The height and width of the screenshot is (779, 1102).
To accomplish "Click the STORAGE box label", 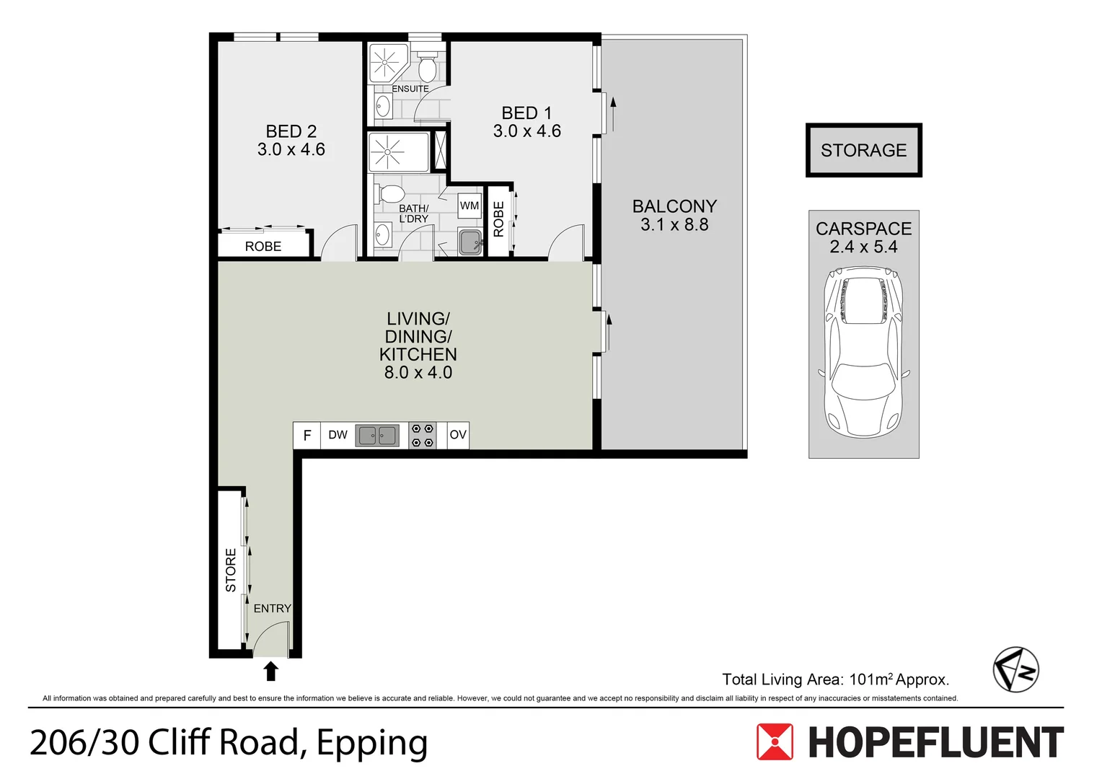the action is (x=863, y=150).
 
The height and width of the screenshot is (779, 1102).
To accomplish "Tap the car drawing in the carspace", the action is (x=864, y=352).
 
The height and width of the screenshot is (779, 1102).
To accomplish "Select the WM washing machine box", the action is (x=470, y=206).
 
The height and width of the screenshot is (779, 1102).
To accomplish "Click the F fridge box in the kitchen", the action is (x=307, y=435).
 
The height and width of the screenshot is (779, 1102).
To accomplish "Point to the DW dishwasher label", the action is (x=338, y=434).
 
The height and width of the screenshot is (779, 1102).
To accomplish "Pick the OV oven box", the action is (x=458, y=435).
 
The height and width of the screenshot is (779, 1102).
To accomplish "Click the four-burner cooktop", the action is (x=423, y=436).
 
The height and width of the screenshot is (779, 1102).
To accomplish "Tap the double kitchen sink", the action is (x=377, y=436).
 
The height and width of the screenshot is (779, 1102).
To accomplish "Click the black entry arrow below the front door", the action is (x=270, y=671).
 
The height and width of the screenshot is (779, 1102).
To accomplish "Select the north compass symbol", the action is (x=1016, y=670).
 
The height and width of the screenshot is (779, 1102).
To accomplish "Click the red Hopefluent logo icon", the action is (x=775, y=741).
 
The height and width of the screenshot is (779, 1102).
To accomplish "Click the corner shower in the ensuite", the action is (x=389, y=63).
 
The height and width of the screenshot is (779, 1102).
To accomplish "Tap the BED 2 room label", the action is (x=291, y=131).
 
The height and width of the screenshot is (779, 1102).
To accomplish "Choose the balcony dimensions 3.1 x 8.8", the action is (x=674, y=224).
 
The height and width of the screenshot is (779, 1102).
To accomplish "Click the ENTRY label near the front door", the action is (x=273, y=608).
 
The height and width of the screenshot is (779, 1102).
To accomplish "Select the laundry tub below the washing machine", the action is (x=470, y=242).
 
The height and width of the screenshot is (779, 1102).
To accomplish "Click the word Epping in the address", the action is (x=372, y=744).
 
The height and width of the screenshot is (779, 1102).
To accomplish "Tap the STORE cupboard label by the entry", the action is (x=231, y=570).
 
